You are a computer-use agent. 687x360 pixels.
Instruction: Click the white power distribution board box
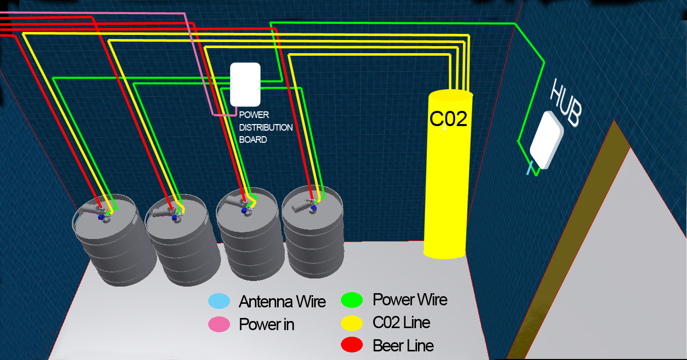tap(245, 84)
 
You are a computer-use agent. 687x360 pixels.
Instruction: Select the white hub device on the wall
tap(546, 140)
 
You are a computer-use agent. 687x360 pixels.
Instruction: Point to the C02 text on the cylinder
tap(448, 118)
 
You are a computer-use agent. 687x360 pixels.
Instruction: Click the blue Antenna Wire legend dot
tap(219, 301)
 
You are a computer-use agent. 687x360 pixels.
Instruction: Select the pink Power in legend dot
tap(219, 325)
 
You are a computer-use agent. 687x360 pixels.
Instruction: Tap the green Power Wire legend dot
tap(352, 300)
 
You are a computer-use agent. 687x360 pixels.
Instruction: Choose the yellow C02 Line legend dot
tap(352, 323)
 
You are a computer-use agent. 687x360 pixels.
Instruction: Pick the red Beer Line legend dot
tap(352, 345)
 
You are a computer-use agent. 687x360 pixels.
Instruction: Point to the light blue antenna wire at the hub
tap(529, 167)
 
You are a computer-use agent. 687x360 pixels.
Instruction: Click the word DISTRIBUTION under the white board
tap(266, 127)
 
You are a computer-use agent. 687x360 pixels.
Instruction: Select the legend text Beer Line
tap(403, 346)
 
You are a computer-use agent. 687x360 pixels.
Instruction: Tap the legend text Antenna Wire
tap(282, 302)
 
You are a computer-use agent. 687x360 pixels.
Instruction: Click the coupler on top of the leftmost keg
tap(103, 212)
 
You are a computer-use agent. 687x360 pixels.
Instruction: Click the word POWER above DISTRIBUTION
tap(254, 115)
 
